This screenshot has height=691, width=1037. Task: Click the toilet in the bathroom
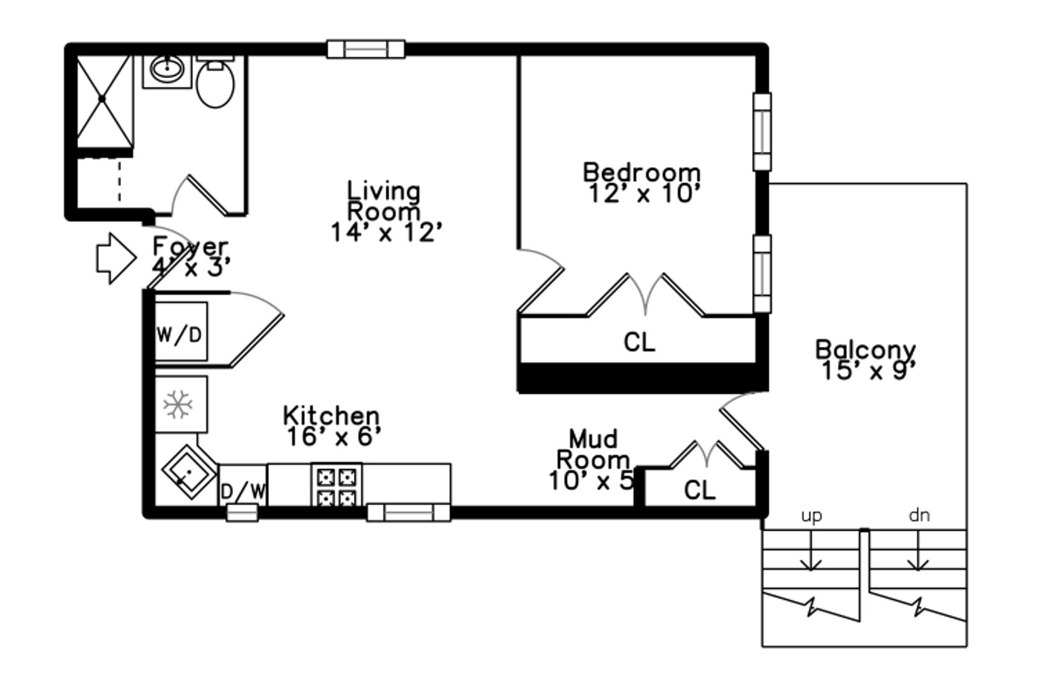215,82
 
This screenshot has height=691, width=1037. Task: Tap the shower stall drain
102,99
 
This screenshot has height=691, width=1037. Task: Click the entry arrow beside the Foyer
117,258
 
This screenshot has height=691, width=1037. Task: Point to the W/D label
180,334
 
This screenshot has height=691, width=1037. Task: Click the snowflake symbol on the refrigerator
178,404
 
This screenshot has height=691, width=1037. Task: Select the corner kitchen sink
189,472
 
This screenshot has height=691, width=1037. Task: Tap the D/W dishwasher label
243,491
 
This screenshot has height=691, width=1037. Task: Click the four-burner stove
337,484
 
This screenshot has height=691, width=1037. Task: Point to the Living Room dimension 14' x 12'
387,232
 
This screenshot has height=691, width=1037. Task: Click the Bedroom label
641,173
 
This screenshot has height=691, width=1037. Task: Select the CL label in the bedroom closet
639,342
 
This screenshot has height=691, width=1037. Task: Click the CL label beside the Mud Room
700,490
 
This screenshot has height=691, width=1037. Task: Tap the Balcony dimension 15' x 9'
869,370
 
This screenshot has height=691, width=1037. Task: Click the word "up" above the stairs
812,516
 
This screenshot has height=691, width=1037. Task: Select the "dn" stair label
919,514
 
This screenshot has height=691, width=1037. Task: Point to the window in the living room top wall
366,49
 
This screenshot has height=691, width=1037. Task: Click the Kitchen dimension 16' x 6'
334,436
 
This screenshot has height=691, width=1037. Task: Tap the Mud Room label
593,449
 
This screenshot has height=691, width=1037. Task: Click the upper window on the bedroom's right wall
762,132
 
